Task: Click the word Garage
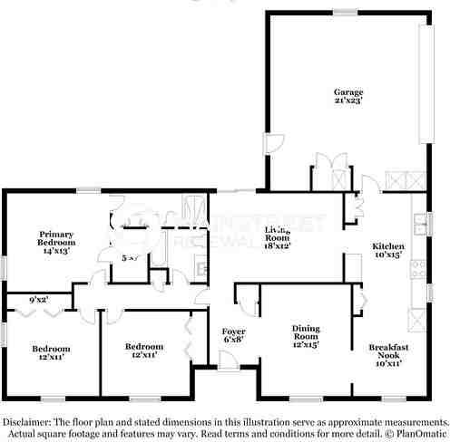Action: [x=348, y=92]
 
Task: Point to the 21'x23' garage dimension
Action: [x=348, y=101]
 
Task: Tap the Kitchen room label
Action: [x=388, y=246]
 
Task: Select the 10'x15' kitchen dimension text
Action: [x=388, y=255]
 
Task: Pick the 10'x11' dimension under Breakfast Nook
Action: [x=387, y=363]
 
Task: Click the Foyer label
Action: [x=234, y=331]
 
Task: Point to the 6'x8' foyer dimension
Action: [x=234, y=341]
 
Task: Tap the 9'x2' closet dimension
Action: [x=38, y=299]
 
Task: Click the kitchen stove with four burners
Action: [x=419, y=268]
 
